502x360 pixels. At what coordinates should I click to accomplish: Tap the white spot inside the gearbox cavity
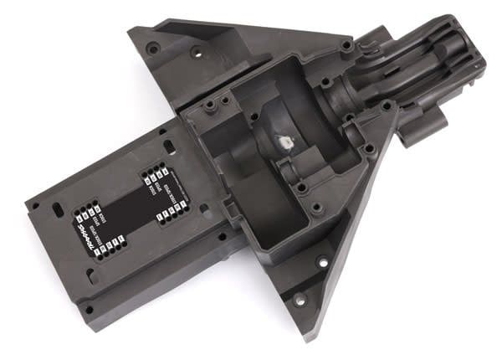click(282, 142)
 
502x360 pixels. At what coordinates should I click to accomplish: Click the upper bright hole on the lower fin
click(322, 261)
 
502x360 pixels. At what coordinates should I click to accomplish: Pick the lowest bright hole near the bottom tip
click(299, 298)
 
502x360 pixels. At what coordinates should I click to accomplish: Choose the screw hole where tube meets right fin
click(387, 106)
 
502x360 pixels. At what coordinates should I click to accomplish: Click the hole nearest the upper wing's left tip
click(152, 49)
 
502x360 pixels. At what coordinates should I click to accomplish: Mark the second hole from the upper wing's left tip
click(196, 52)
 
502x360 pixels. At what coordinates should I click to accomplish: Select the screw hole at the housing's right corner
click(366, 151)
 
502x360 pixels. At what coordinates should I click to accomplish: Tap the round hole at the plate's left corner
click(38, 204)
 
